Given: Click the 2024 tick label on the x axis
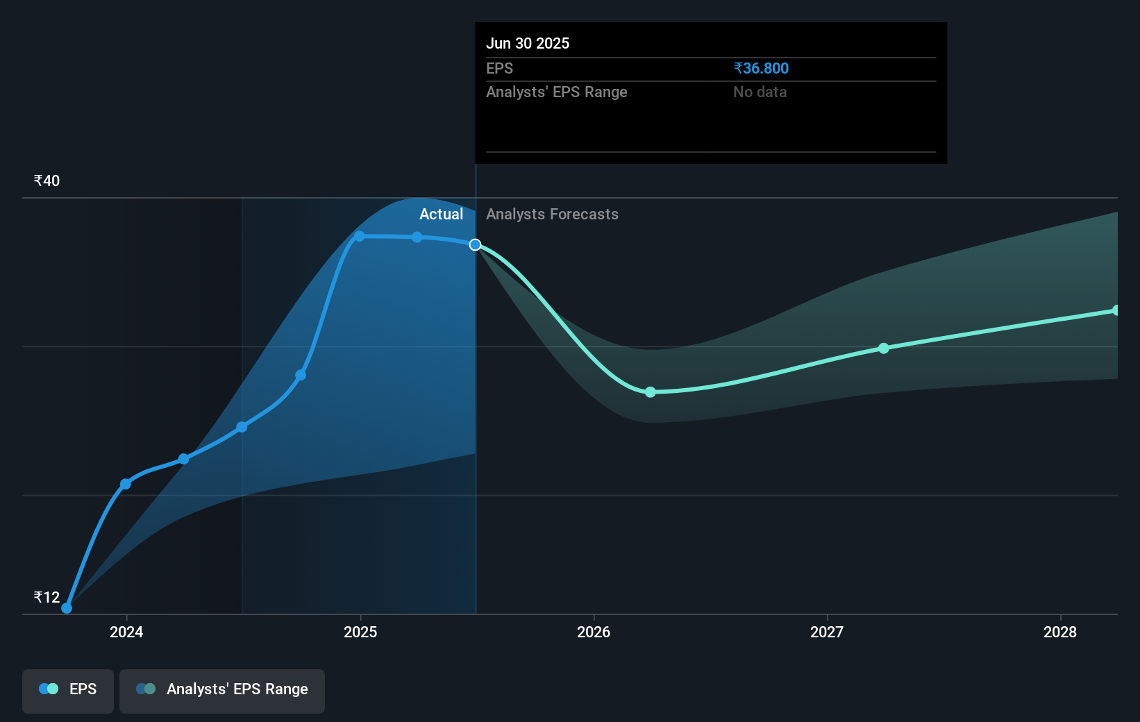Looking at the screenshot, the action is [126, 632].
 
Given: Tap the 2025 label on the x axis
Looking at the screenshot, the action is [360, 632].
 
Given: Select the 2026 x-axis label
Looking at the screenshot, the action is [594, 632].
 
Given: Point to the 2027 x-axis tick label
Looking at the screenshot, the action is [827, 632].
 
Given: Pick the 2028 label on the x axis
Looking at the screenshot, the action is [1060, 632].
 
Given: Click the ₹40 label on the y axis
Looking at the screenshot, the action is [47, 180].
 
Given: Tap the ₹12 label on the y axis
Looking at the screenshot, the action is [47, 597].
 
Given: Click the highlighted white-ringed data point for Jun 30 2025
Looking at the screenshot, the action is [475, 245].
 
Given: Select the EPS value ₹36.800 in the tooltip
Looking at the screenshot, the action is [761, 68].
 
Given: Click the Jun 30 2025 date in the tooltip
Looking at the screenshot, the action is [528, 43].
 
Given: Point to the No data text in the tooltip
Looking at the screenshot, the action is [760, 92].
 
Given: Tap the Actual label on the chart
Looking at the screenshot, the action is [442, 215].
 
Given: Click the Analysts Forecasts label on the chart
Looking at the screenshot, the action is [552, 215].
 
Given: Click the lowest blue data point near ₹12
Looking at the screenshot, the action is [67, 608].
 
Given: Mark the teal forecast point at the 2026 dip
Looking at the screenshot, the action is [651, 392].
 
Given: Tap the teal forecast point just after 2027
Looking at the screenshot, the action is [884, 348].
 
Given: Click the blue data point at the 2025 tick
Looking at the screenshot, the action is [360, 236].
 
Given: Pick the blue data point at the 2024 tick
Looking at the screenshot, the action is [126, 484].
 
